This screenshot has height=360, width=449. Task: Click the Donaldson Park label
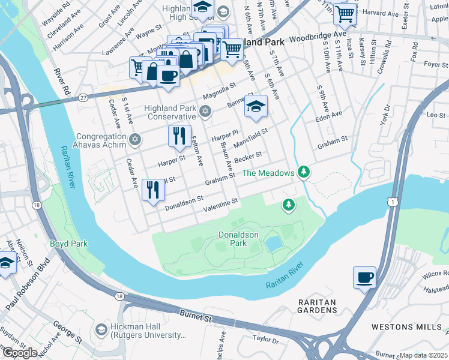[x=232, y=239]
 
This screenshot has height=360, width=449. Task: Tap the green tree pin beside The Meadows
[x=304, y=173]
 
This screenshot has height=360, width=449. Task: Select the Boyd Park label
[x=69, y=244]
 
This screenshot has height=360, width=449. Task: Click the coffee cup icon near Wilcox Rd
[x=364, y=278]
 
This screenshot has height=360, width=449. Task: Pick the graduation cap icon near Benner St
[x=256, y=107]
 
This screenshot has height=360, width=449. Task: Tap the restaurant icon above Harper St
[x=179, y=136]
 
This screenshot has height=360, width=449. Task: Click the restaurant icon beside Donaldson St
[x=152, y=190]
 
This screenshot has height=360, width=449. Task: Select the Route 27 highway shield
[x=83, y=97]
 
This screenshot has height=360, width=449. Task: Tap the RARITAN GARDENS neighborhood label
[x=317, y=305]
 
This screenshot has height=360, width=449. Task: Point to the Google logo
[x=20, y=352]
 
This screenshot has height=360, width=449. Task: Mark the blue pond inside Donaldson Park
[x=274, y=244]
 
